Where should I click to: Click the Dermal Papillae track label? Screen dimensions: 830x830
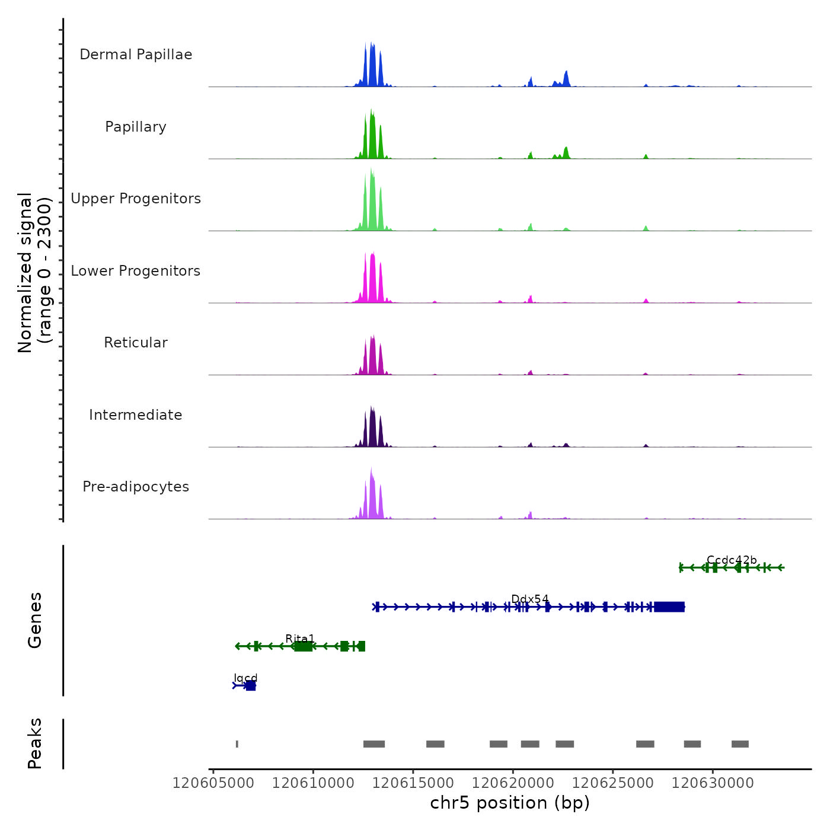pos(136,55)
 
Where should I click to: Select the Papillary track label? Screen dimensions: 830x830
pos(136,127)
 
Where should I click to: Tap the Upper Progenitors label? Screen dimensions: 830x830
pos(136,199)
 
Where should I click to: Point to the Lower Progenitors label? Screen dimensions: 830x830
pos(136,271)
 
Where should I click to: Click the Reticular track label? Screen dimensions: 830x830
pos(136,343)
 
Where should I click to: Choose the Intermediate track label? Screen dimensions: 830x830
pos(136,415)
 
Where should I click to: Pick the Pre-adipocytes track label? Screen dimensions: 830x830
pos(136,487)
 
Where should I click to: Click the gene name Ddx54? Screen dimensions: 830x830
pos(530,599)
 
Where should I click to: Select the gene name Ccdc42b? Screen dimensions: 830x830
pos(732,560)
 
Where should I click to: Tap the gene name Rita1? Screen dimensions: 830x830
pos(300,639)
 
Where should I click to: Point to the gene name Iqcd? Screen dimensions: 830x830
pos(245,678)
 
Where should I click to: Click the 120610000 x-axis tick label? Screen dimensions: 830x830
pos(313,783)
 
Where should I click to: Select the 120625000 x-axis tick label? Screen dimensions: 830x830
pos(613,783)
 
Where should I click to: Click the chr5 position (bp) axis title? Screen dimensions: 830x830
pos(510,803)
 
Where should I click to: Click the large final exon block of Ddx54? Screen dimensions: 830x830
pos(669,607)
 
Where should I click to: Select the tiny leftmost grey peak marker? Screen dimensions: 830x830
pos(237,744)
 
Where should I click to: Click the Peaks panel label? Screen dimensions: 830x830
pos(35,743)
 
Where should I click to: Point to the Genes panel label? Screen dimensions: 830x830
pos(35,620)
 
